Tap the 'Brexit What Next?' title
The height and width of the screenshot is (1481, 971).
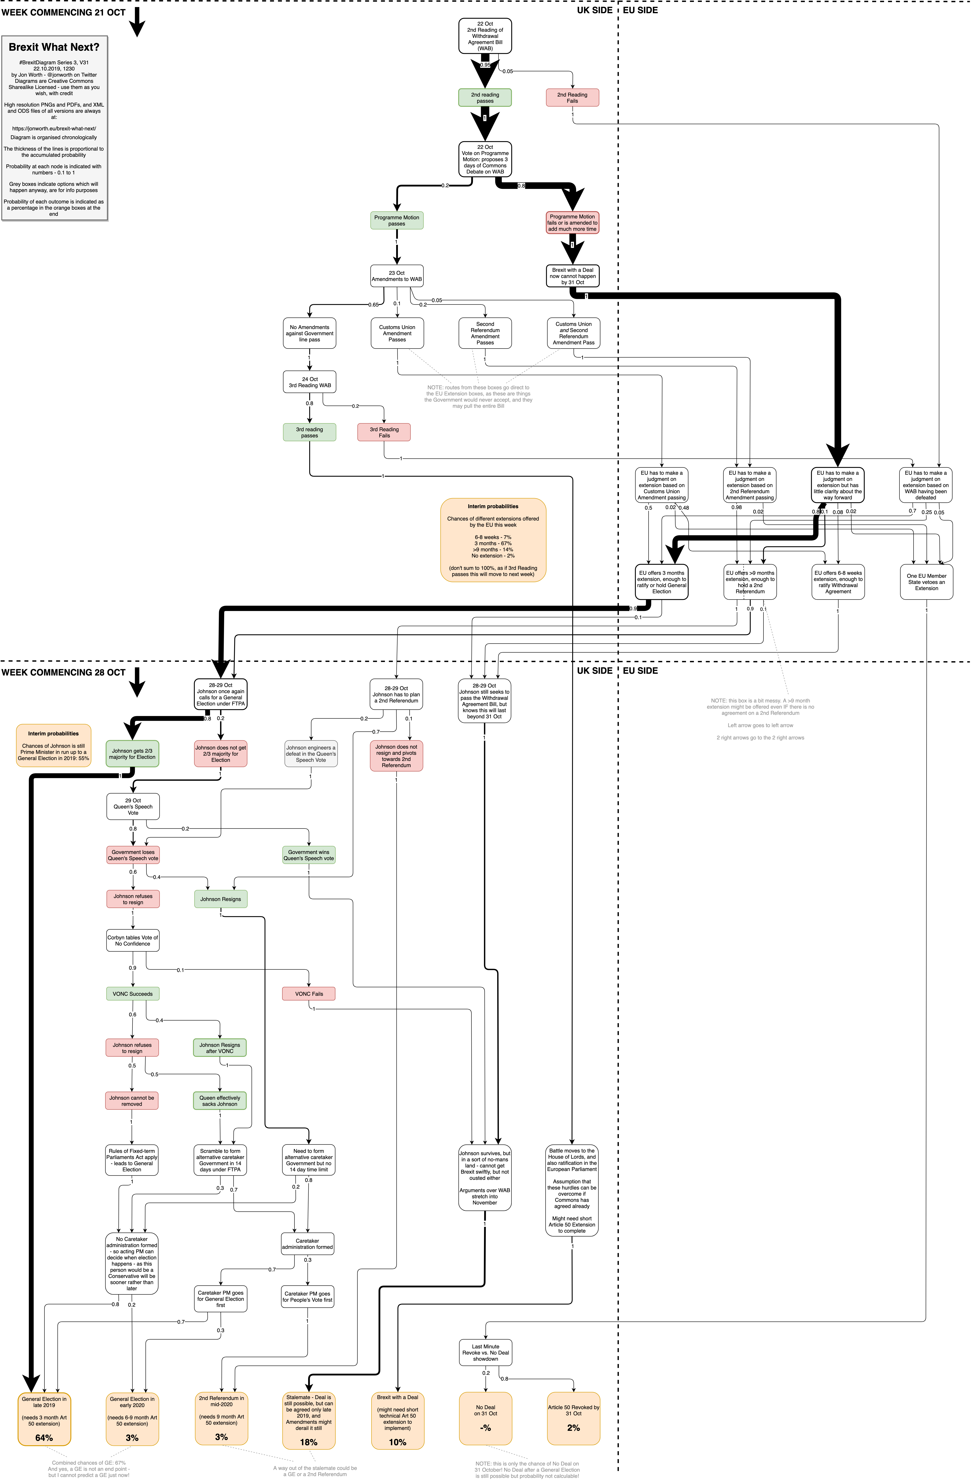54,47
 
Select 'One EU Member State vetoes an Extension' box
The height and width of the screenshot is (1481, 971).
926,582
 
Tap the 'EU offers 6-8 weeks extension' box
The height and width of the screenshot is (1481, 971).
838,582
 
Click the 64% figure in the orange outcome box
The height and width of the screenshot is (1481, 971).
44,1437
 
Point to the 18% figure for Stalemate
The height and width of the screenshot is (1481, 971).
308,1442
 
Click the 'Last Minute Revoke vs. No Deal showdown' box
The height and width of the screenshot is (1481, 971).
485,1352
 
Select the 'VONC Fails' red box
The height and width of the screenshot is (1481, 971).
308,994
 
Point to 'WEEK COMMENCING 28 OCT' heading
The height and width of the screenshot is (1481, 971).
63,672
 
